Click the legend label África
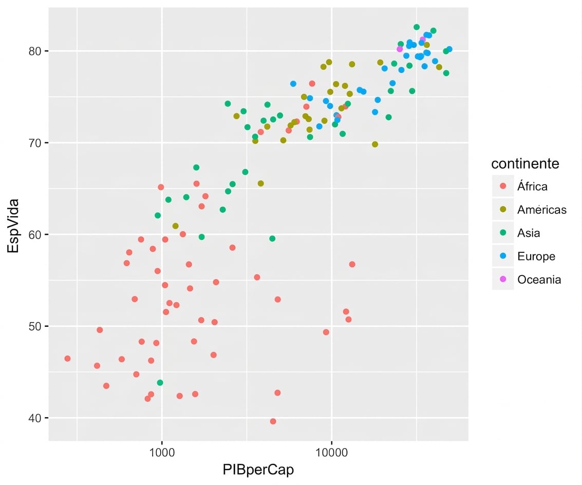[532, 186]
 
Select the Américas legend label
[542, 210]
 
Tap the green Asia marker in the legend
[503, 232]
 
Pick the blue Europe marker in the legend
[503, 256]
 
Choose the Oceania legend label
[539, 279]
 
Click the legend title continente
[525, 163]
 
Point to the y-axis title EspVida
[13, 226]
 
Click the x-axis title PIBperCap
[258, 470]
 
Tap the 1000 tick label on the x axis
[161, 452]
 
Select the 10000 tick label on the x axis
[331, 452]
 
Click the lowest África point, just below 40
[273, 421]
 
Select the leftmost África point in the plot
[67, 359]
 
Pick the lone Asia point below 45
[160, 383]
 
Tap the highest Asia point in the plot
[417, 27]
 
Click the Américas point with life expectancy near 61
[176, 226]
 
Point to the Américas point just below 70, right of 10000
[375, 144]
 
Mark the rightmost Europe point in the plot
[449, 49]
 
